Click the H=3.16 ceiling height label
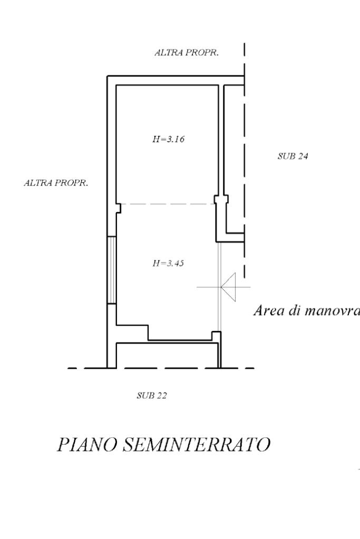coord(168,140)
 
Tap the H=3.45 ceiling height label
coord(168,263)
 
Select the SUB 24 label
coord(293,156)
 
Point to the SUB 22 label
coord(151,395)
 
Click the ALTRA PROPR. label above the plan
coord(187,53)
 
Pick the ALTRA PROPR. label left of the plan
coord(56,183)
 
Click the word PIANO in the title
coord(86,445)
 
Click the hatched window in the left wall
coord(112,270)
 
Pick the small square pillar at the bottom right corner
coord(215,335)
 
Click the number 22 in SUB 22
coord(161,395)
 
